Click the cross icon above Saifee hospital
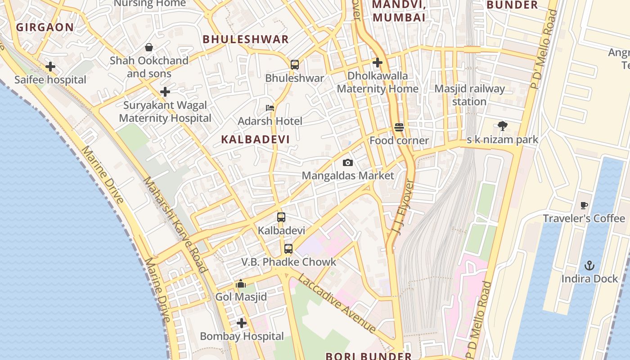pos(50,67)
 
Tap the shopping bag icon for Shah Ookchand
pos(149,47)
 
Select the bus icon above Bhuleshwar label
pos(295,65)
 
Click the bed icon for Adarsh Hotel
pos(270,108)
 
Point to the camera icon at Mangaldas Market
pos(348,162)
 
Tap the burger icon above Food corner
pos(399,127)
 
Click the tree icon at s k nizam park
pos(503,126)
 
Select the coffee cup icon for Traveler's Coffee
pos(584,205)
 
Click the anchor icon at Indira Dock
pos(589,265)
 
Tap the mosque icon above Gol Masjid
pos(241,284)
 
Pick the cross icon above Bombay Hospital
pos(242,323)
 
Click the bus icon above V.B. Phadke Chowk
pos(288,248)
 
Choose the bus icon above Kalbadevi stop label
pos(281,217)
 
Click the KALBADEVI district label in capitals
pos(256,139)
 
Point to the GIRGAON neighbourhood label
pos(45,27)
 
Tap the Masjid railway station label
pos(469,95)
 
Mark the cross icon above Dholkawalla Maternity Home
pos(378,63)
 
